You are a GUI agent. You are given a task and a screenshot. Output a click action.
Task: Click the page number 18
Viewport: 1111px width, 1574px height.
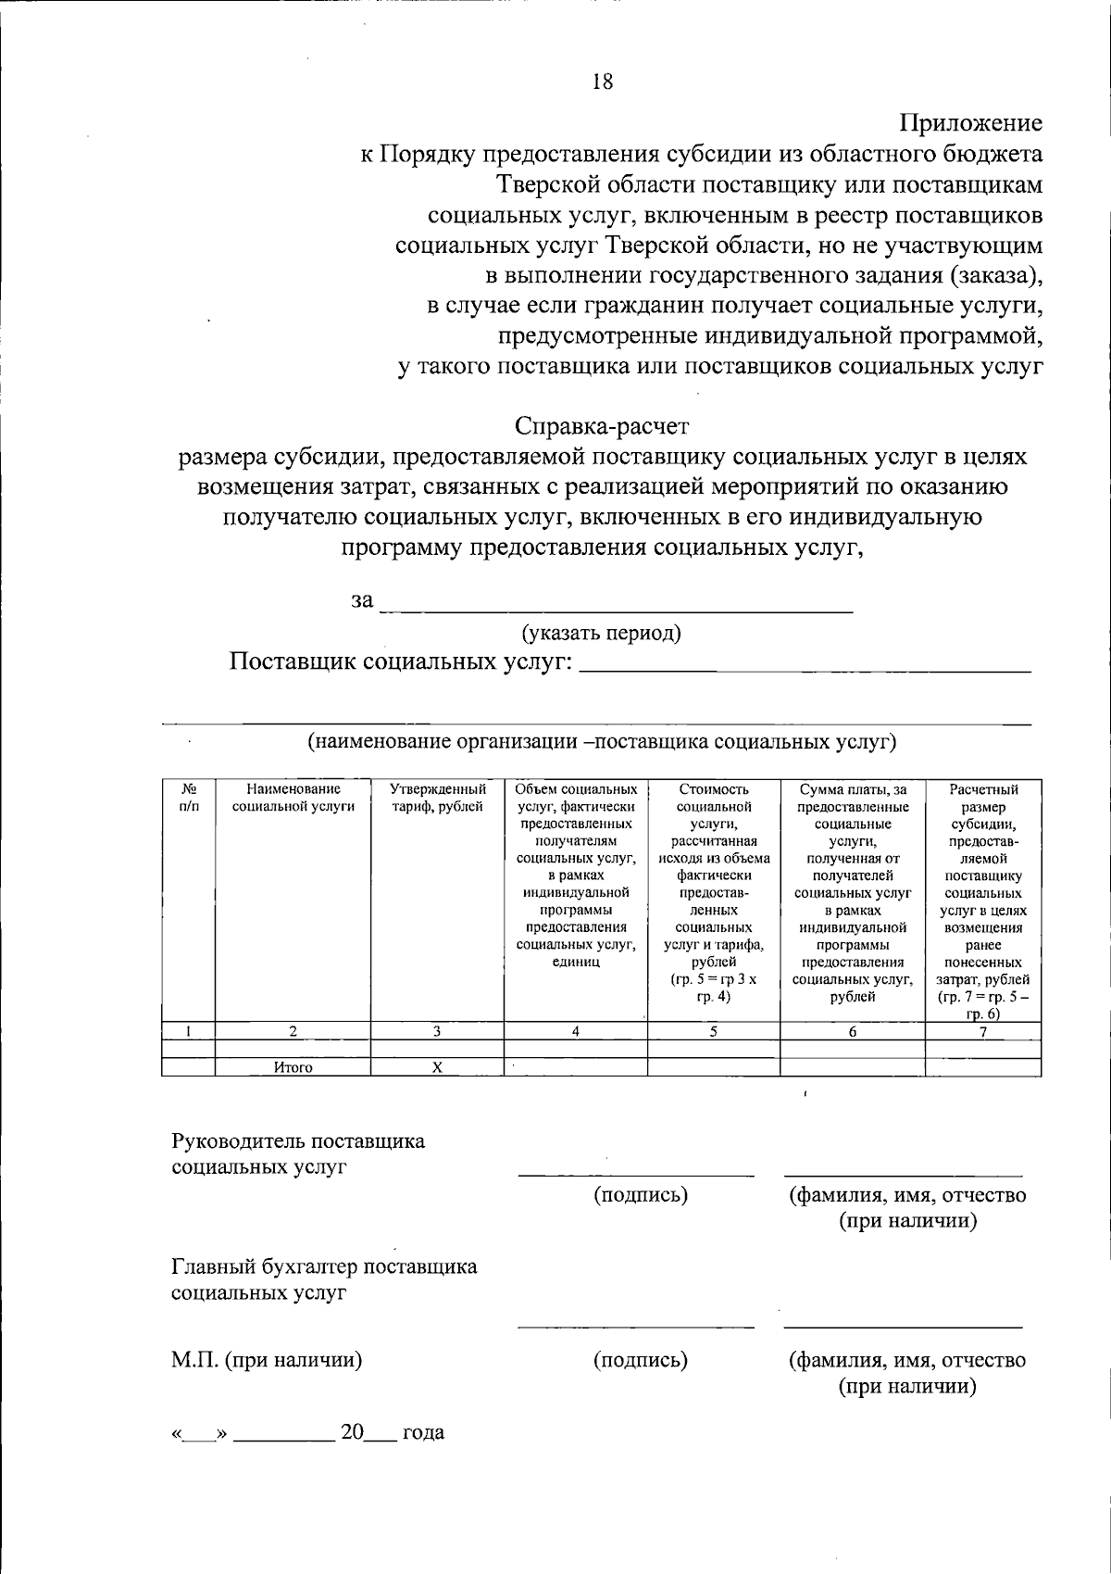pyautogui.click(x=602, y=82)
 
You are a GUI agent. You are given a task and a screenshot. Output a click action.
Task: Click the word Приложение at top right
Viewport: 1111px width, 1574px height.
pyautogui.click(x=970, y=123)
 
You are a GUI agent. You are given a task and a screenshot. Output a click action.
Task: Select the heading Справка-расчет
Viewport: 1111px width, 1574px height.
pyautogui.click(x=602, y=426)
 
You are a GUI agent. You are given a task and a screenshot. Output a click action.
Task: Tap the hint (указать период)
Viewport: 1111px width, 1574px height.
pyautogui.click(x=602, y=633)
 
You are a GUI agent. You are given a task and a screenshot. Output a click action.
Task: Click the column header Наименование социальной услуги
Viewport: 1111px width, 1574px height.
pyautogui.click(x=293, y=798)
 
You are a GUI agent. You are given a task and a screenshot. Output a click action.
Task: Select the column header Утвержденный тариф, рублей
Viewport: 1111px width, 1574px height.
pyautogui.click(x=437, y=798)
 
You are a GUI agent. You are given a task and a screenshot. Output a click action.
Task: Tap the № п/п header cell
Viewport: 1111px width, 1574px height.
pyautogui.click(x=188, y=798)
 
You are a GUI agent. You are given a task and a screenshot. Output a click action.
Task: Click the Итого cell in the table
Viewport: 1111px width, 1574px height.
pyautogui.click(x=293, y=1067)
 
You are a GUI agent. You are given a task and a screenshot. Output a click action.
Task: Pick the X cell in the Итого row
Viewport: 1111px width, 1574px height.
pyautogui.click(x=437, y=1067)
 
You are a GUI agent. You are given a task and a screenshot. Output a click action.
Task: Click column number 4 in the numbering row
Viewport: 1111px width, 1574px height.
pyautogui.click(x=575, y=1031)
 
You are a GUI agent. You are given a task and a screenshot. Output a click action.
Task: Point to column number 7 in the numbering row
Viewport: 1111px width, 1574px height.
pyautogui.click(x=983, y=1031)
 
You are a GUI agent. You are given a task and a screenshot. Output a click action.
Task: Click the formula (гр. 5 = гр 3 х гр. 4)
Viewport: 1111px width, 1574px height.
pyautogui.click(x=713, y=988)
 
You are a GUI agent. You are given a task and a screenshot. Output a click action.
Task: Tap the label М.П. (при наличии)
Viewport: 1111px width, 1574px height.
pyautogui.click(x=267, y=1360)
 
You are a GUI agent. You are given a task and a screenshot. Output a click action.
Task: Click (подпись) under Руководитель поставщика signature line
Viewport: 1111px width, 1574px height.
pyautogui.click(x=641, y=1194)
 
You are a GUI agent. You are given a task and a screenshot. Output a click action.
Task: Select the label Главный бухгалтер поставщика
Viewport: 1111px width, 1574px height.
pyautogui.click(x=324, y=1266)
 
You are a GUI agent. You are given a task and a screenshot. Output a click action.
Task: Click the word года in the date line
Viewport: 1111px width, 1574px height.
pyautogui.click(x=423, y=1432)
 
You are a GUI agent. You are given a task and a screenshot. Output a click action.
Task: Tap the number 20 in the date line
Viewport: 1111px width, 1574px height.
pyautogui.click(x=353, y=1432)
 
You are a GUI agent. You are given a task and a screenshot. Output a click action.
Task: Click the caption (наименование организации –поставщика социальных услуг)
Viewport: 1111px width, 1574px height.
pyautogui.click(x=602, y=741)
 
